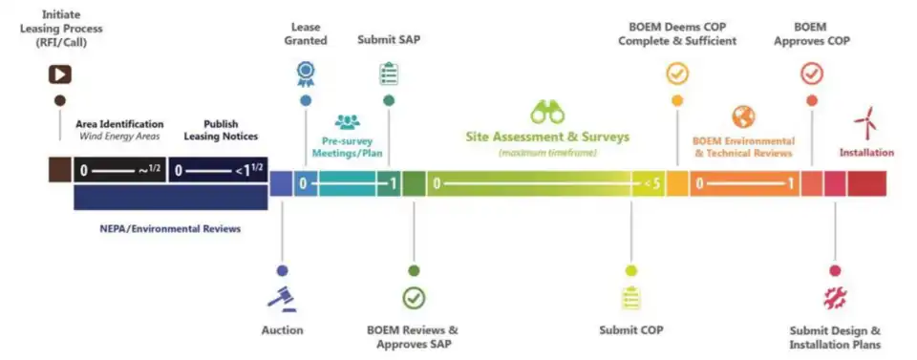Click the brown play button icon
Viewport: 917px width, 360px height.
[x=59, y=74]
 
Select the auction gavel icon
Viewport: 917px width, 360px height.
[x=282, y=298]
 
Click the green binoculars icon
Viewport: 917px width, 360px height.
[x=547, y=112]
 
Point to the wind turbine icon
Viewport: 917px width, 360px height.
[x=866, y=122]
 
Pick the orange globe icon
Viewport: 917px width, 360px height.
[x=743, y=116]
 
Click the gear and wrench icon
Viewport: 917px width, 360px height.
[x=835, y=298]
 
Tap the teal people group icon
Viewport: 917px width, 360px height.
[x=348, y=121]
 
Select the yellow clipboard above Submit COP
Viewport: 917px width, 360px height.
[x=630, y=298]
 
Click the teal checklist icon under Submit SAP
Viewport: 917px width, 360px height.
[x=389, y=74]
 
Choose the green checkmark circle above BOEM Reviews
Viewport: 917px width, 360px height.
[x=414, y=298]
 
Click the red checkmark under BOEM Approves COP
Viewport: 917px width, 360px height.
[x=812, y=74]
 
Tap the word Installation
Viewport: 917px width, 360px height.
[x=866, y=153]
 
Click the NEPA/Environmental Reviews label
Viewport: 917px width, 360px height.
[x=170, y=229]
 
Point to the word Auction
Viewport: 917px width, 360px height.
[x=283, y=330]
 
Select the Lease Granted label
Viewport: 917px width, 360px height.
[x=309, y=33]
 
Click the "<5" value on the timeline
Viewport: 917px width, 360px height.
[x=652, y=184]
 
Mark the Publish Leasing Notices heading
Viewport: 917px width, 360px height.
[x=221, y=130]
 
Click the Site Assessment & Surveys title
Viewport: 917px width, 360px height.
[x=547, y=138]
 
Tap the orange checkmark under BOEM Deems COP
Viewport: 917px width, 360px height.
[x=677, y=74]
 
